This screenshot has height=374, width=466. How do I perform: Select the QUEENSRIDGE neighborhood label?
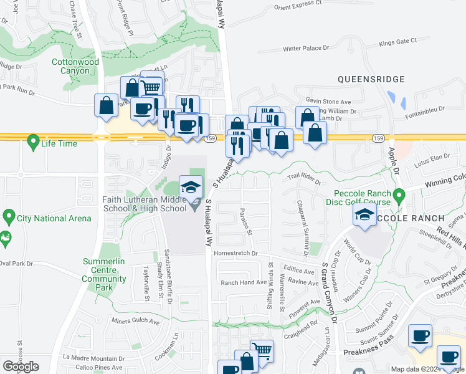click(x=371, y=79)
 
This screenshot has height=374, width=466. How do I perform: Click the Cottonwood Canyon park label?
click(x=75, y=67)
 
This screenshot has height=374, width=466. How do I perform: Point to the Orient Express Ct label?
click(x=298, y=8)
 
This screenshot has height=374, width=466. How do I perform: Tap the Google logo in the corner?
click(x=21, y=367)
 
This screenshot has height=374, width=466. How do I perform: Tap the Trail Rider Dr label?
click(x=303, y=179)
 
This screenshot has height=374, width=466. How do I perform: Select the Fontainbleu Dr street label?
click(x=427, y=108)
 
